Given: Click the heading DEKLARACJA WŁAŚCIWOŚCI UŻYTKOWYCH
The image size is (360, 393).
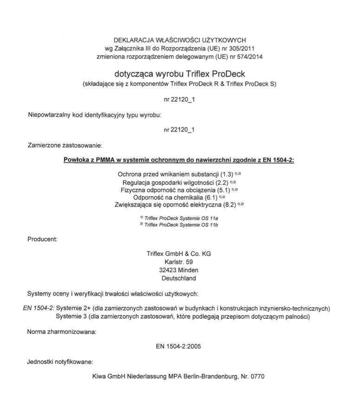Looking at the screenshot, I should coord(180,40).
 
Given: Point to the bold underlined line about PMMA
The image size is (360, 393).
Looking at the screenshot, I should coord(179,161).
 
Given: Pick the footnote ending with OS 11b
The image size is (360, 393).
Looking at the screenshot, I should coord(179,225).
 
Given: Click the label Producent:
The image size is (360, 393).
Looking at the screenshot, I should coord(42,240).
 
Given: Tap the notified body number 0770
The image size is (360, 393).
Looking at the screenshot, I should coord(257,376).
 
